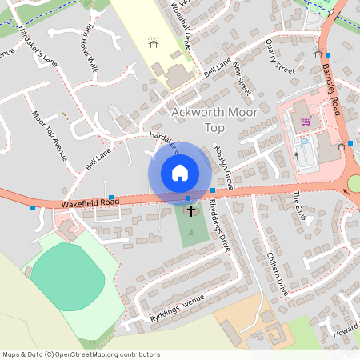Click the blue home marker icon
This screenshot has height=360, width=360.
[x=180, y=173]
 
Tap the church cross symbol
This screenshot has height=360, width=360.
[x=191, y=211]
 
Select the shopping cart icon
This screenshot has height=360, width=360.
[x=305, y=122]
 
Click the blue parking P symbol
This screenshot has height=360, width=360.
[x=304, y=142]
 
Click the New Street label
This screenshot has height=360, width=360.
[x=242, y=81]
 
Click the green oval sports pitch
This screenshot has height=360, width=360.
[x=67, y=277]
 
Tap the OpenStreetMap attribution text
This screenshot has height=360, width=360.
[x=80, y=354]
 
